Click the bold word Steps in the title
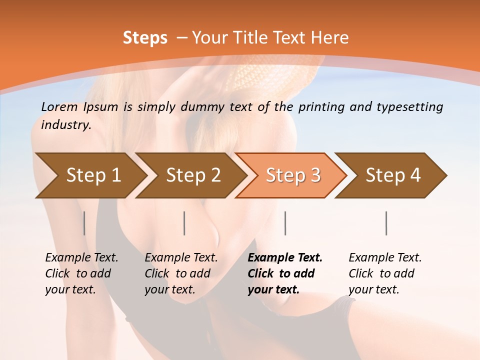(145, 38)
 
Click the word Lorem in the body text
(59, 106)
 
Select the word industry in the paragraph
(65, 125)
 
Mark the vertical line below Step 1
(84, 223)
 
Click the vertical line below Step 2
(184, 223)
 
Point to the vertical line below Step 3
(285, 223)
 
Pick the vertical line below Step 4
(386, 223)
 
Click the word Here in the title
(330, 38)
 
